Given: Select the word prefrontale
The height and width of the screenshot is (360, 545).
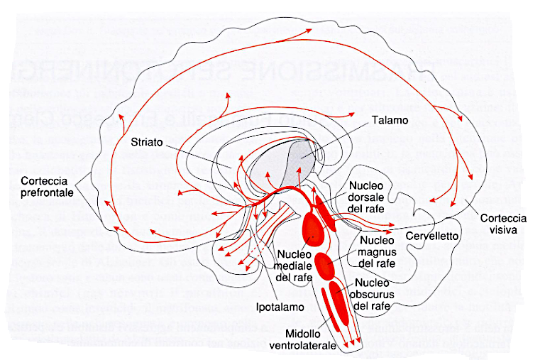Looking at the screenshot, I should coord(49,192).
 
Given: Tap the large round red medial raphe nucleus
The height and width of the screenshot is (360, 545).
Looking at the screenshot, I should coord(313,229).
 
